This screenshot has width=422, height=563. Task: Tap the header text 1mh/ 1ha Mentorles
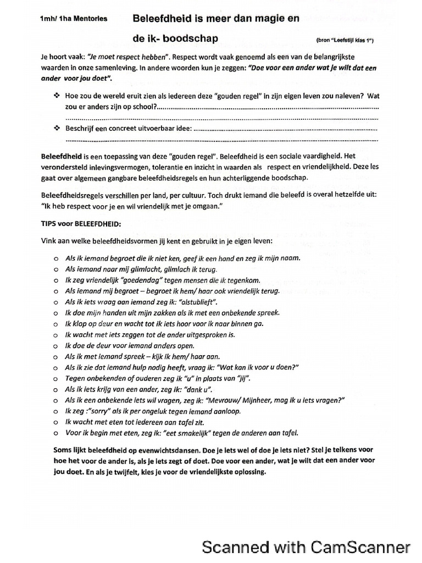74,19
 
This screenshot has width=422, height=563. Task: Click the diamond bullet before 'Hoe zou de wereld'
56,95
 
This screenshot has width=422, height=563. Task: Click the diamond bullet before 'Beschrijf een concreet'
56,128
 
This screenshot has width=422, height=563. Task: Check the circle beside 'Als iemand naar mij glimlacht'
56,269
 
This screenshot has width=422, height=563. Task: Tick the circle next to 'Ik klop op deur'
56,324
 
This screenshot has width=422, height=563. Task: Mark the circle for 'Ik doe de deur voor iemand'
56,346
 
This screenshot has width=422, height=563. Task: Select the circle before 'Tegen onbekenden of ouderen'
56,379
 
